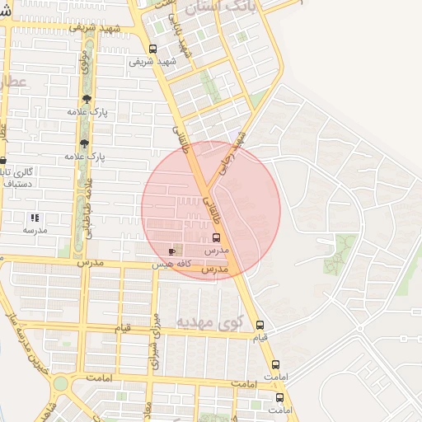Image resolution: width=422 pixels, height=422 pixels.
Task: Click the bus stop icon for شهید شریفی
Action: coord(152,49)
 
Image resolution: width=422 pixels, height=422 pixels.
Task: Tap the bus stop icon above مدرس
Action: coord(216,237)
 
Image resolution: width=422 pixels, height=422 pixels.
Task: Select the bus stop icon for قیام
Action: coord(260,326)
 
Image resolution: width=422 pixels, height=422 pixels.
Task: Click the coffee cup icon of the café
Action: coord(171,251)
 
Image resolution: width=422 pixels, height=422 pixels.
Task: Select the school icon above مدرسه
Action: coord(35,218)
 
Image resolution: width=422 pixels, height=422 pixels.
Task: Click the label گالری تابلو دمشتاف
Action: coord(16,176)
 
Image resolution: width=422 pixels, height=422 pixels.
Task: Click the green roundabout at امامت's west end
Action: coord(59,383)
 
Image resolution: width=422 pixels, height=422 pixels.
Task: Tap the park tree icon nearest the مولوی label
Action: coord(86,100)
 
